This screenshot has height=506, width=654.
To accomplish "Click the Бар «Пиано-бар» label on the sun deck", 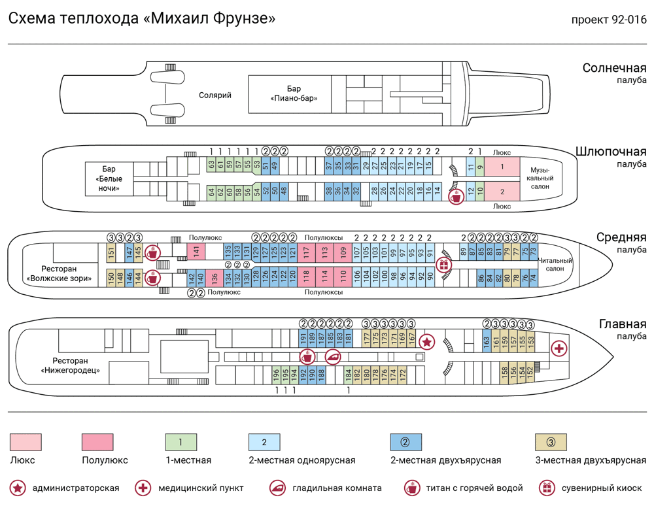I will pyautogui.click(x=294, y=93).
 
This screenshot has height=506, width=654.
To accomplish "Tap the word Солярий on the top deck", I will pyautogui.click(x=215, y=95).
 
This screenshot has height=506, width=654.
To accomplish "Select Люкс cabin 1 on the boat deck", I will pyautogui.click(x=502, y=167).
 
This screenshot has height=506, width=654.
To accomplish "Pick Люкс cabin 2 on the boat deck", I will pyautogui.click(x=502, y=192).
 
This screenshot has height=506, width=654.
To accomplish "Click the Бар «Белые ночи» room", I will pyautogui.click(x=109, y=178).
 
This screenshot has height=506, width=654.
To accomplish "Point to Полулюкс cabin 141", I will pyautogui.click(x=196, y=251).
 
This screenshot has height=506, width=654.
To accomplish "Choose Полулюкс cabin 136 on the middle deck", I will pyautogui.click(x=215, y=277).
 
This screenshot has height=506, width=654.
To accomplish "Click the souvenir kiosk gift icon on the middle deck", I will pyautogui.click(x=444, y=264).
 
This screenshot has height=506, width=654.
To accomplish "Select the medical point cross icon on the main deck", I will pyautogui.click(x=559, y=348).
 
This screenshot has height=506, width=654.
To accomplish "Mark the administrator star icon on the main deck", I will pyautogui.click(x=426, y=341).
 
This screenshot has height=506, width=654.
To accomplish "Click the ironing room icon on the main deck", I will pyautogui.click(x=334, y=357).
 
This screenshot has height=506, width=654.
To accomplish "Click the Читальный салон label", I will pyautogui.click(x=555, y=265).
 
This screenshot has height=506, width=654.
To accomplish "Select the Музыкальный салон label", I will pyautogui.click(x=540, y=178).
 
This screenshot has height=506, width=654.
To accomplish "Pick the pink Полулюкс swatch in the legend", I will pyautogui.click(x=97, y=442).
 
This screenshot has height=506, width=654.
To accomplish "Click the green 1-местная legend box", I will pyautogui.click(x=181, y=442).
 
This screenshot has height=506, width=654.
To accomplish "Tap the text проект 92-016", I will pyautogui.click(x=608, y=20).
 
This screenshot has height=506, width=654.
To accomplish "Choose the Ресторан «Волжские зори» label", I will pyautogui.click(x=59, y=273).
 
